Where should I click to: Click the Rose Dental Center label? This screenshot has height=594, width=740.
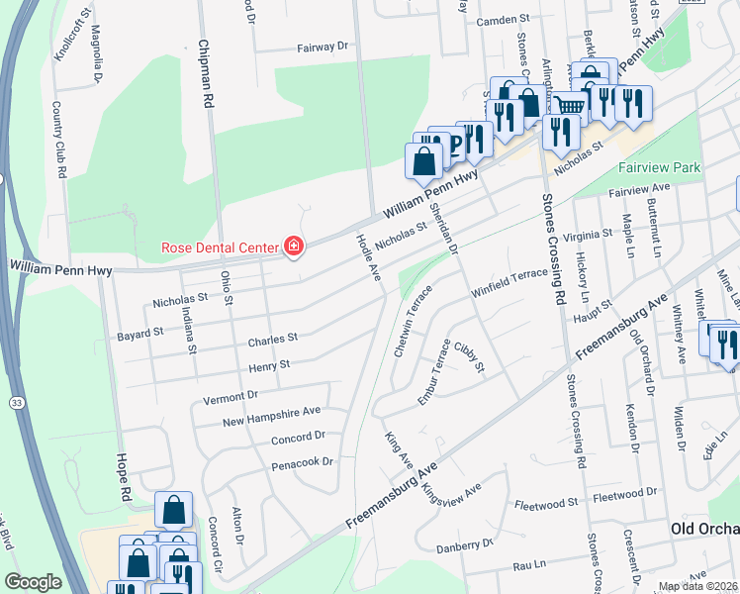(x=221, y=247)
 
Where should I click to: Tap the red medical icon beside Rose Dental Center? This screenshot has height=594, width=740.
(x=293, y=247)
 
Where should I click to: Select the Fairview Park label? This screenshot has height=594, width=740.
(x=659, y=167)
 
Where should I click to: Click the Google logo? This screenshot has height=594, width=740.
(x=33, y=582)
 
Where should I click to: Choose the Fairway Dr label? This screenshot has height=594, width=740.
(x=324, y=47)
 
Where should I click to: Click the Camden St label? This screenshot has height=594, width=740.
(x=498, y=20)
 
